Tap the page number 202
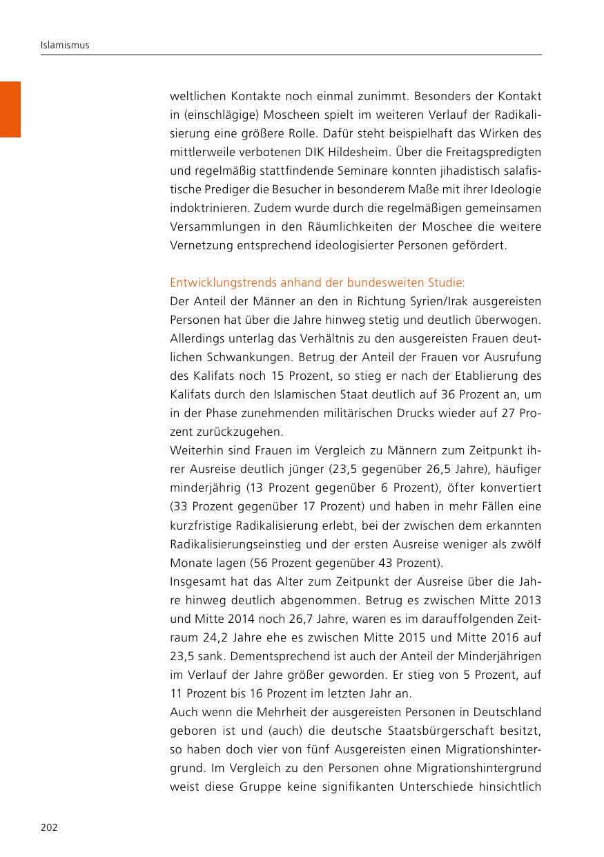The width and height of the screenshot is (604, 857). [x=48, y=827]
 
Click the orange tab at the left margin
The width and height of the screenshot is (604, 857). [x=10, y=109]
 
